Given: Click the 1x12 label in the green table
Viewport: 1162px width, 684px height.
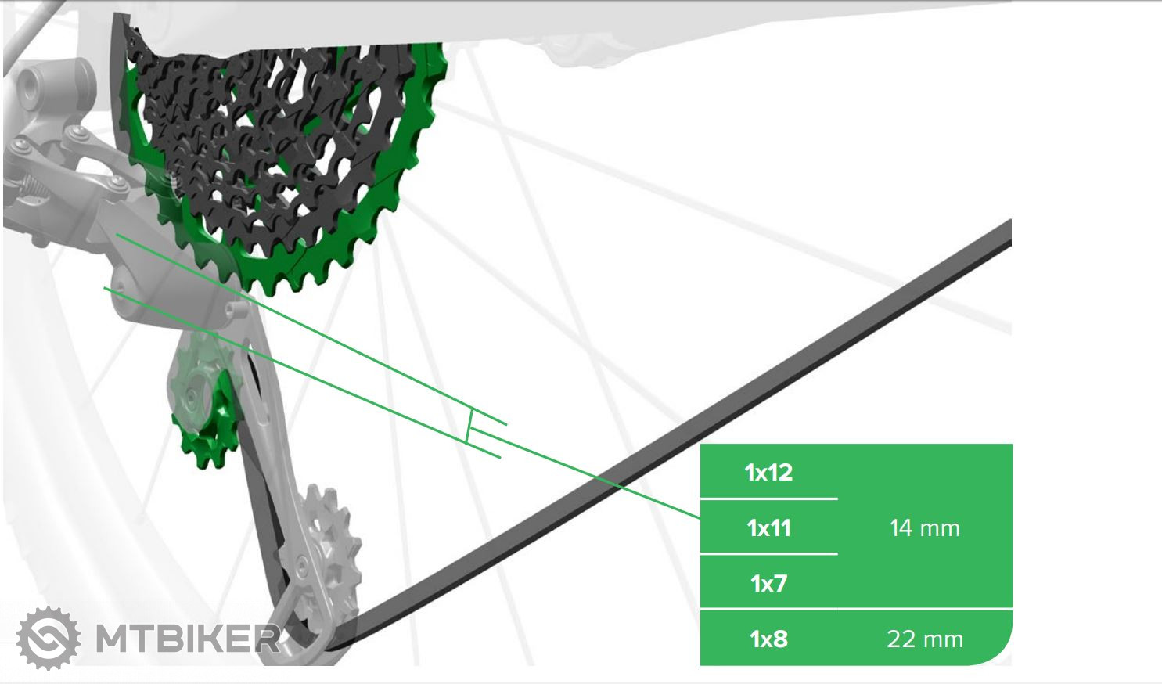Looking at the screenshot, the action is coord(768,472).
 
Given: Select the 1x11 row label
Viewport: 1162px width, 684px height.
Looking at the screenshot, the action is coord(768,527).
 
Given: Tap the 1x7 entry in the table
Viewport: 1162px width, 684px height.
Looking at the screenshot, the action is coord(768,583).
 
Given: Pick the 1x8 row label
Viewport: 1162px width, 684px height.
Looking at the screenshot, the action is coord(768,639).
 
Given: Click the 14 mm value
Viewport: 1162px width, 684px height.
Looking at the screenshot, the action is coord(924,527).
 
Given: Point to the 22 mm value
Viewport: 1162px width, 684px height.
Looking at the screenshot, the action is coord(924,639).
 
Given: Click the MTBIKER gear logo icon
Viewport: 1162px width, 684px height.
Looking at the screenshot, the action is coord(49,638).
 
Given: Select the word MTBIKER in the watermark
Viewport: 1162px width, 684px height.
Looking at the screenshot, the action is coord(188,639).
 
